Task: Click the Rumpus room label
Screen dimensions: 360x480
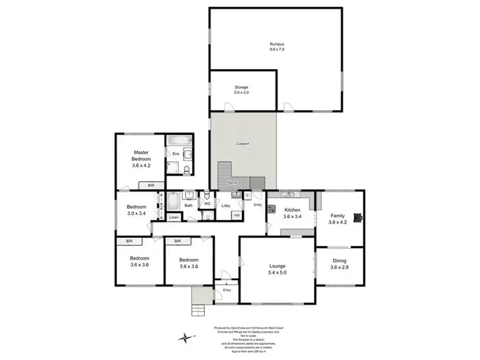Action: pos(276,43)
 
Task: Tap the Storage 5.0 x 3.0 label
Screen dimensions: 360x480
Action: pos(241,87)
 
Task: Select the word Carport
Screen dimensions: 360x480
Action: pos(243,144)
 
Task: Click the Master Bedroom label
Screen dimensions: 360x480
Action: pos(141,154)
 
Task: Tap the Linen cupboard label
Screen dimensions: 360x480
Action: pos(173,218)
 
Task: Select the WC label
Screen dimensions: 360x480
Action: pos(207,204)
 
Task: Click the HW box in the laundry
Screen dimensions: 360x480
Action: pos(236,215)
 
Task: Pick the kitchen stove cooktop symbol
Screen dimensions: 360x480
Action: pos(271,208)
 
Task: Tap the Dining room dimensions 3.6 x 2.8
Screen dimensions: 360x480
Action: pos(339,268)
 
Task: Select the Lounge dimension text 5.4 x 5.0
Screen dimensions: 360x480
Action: pos(277,273)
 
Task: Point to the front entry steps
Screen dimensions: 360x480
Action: pos(200,311)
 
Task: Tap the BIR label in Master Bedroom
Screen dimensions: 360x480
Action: pos(151,185)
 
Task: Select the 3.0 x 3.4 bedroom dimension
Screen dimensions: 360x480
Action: pos(136,214)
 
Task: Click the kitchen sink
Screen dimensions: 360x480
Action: pos(286,194)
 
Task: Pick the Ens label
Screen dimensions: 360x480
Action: pos(175,154)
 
